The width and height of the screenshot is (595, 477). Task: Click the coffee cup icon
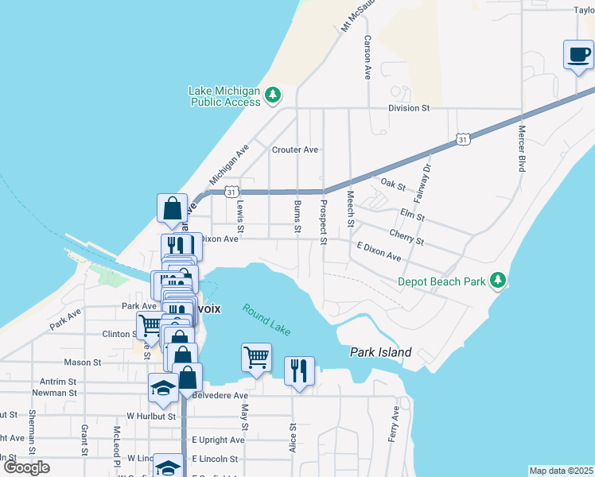click(578, 55)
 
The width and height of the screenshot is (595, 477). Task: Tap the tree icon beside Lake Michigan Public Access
click(273, 95)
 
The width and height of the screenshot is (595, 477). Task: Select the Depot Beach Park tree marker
click(498, 280)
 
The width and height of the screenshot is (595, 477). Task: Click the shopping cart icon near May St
click(256, 357)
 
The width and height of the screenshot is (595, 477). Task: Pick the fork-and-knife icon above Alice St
click(299, 370)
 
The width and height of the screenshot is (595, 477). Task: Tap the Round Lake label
click(267, 320)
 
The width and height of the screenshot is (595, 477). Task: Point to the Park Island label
click(382, 352)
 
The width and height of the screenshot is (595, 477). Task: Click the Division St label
click(409, 107)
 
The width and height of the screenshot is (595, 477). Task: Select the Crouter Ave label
click(294, 149)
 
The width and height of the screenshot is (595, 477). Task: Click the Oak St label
click(393, 185)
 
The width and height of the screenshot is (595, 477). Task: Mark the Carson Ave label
click(367, 57)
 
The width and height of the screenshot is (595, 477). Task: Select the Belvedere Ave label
click(220, 394)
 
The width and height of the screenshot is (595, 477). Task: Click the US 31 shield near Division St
click(463, 139)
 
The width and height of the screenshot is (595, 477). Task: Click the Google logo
click(26, 467)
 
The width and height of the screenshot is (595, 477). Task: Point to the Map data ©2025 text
click(561, 471)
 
